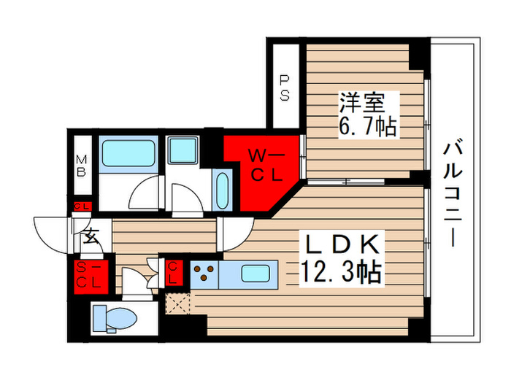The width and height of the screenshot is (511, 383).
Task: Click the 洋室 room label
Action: [358, 101]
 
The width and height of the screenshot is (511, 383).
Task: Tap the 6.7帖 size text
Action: [367, 127]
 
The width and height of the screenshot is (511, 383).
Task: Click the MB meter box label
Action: [82, 166]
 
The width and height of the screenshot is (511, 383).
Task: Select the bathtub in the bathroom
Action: [128, 153]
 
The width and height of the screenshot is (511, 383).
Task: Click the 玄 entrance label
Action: [91, 236]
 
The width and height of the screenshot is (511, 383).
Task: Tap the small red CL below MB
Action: [82, 206]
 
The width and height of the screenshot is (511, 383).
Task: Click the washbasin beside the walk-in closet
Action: [222, 189]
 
